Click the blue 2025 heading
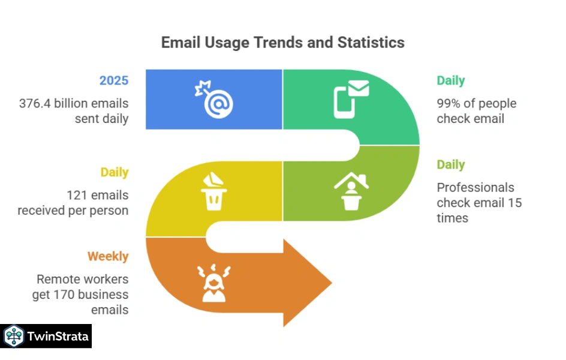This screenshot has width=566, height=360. point(114,80)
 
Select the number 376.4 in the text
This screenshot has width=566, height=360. point(35,103)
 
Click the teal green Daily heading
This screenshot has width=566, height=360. point(450,80)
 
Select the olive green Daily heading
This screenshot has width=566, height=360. point(450,164)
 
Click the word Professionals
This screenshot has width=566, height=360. point(475,187)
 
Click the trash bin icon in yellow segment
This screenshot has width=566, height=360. point(213,191)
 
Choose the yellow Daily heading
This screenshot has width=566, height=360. point(114,172)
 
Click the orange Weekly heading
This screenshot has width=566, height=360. point(108,256)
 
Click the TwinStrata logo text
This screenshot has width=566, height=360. point(58,336)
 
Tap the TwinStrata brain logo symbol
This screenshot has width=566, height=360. point(13,336)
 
